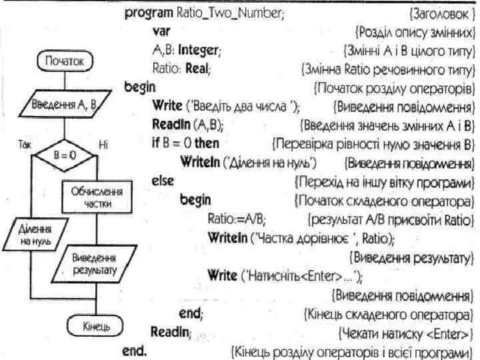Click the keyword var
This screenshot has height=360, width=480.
coord(161,31)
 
